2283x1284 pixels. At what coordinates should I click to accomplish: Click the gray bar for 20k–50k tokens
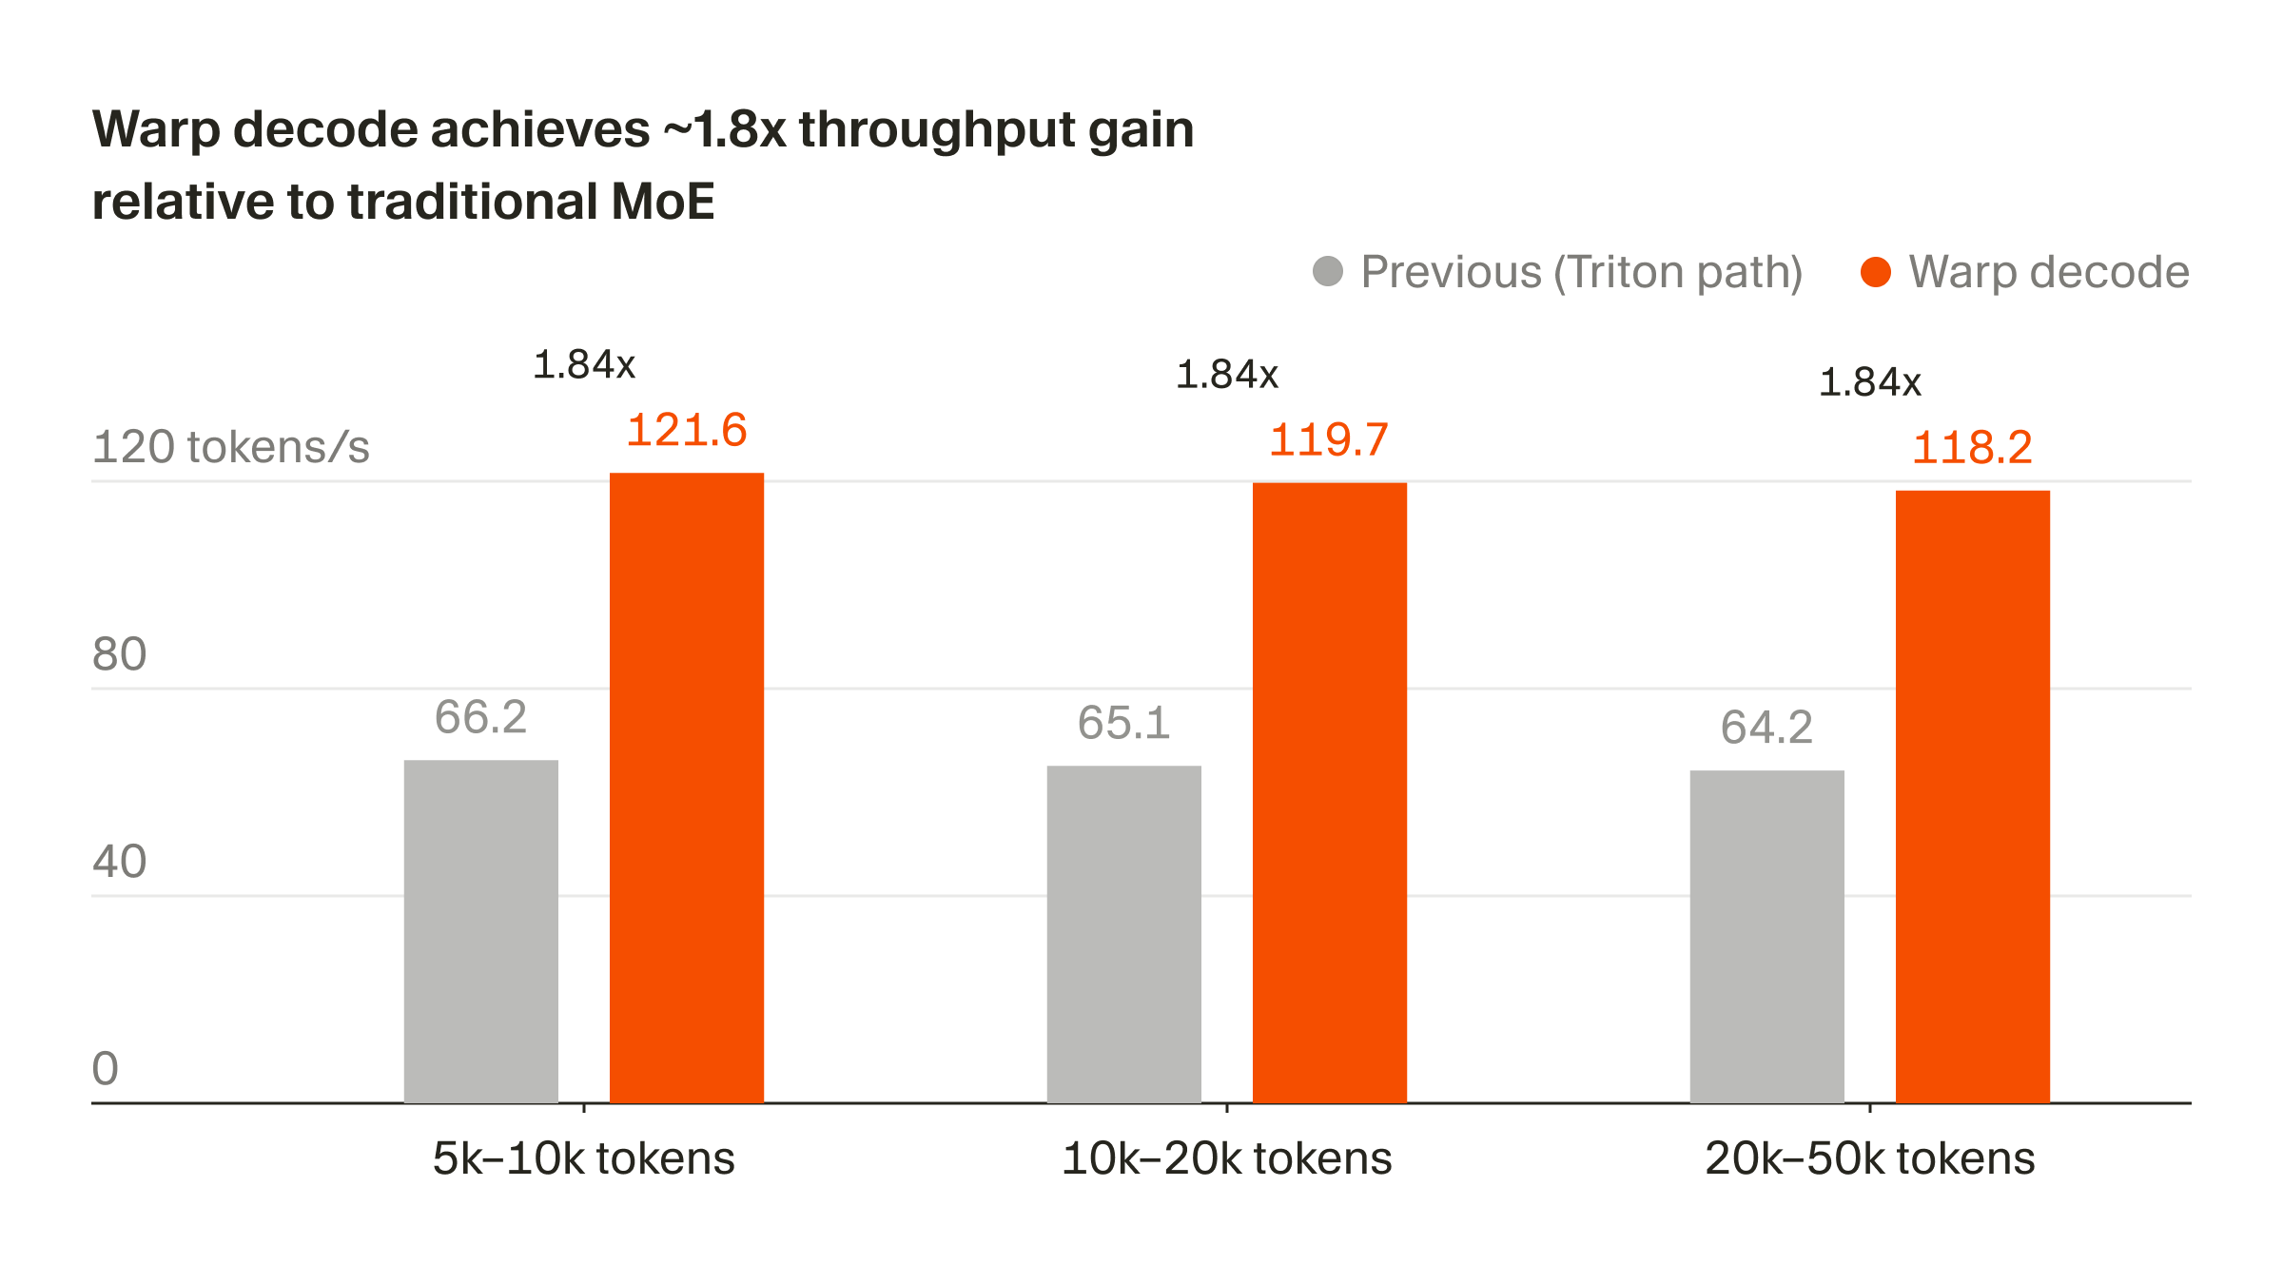click(1766, 936)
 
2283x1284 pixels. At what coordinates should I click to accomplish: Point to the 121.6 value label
click(686, 430)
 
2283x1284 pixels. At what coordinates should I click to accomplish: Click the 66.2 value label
click(480, 717)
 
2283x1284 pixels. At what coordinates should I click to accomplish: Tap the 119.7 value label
click(1329, 439)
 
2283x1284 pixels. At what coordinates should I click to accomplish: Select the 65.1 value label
click(1123, 723)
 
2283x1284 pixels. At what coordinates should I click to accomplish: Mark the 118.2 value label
click(1972, 447)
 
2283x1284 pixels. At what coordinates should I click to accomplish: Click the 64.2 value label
click(1766, 728)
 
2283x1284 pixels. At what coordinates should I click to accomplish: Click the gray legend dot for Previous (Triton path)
click(1327, 271)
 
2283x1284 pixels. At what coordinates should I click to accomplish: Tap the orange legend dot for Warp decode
click(1875, 271)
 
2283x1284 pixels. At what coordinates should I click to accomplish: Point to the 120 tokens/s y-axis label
click(230, 447)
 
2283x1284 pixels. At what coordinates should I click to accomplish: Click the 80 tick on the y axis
click(119, 654)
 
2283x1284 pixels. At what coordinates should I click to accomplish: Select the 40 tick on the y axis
click(119, 862)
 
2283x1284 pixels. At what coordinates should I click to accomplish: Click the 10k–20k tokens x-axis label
click(1226, 1158)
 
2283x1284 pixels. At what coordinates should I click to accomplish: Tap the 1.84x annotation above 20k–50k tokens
click(1869, 382)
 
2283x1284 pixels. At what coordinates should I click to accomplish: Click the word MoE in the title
click(662, 202)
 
